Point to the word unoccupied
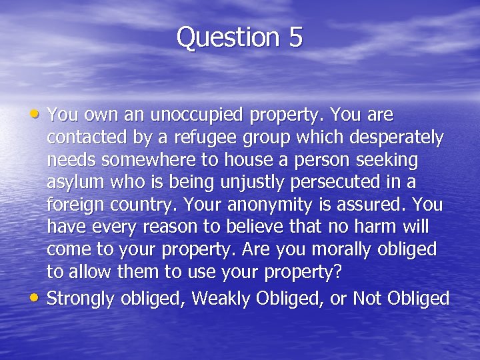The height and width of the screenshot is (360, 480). [x=197, y=115]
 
